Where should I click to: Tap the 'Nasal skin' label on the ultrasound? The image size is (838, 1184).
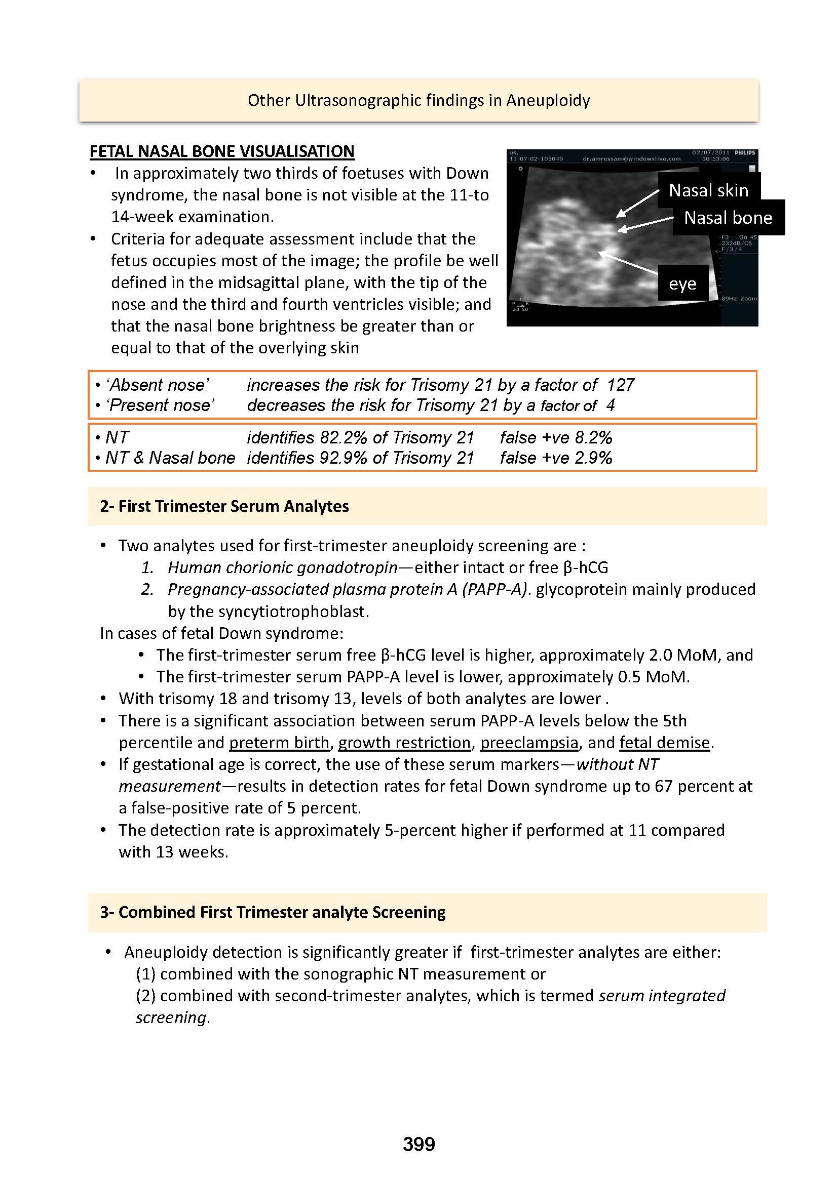click(708, 190)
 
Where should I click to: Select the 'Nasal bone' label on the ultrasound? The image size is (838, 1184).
click(728, 218)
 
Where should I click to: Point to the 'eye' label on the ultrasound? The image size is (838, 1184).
click(682, 283)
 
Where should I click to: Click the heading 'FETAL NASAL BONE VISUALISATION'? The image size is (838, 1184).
click(222, 151)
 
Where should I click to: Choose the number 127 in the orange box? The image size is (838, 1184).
click(620, 385)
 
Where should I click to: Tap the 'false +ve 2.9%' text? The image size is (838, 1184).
click(556, 458)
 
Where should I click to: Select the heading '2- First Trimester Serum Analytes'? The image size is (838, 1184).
click(224, 506)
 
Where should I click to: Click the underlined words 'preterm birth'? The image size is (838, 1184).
click(279, 742)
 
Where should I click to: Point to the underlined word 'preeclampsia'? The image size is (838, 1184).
click(529, 742)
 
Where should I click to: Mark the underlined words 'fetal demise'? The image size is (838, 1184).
click(665, 742)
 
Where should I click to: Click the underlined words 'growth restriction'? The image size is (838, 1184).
click(404, 742)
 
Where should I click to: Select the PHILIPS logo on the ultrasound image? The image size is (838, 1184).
click(745, 153)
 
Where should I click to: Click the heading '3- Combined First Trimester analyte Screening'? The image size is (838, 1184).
click(273, 912)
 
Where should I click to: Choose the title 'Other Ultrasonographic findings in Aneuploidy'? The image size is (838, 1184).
click(418, 100)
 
